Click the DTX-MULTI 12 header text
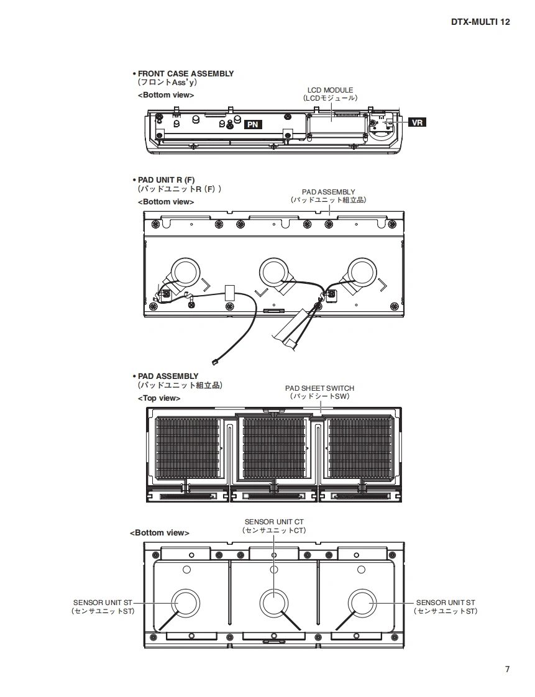[x=480, y=22]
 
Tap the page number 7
[x=507, y=669]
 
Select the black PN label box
[x=252, y=124]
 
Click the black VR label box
[x=418, y=123]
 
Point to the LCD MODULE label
[x=330, y=90]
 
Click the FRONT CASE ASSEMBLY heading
[x=185, y=73]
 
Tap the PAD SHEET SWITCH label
[x=319, y=388]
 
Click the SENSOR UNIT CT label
[x=274, y=522]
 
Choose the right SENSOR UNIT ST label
[x=446, y=603]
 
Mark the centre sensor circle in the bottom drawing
[x=273, y=603]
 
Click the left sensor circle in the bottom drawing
[x=185, y=603]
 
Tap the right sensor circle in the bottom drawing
[x=363, y=603]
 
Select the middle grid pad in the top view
[x=273, y=449]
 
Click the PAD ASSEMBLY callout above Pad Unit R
[x=328, y=193]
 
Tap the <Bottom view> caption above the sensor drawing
[x=159, y=533]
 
